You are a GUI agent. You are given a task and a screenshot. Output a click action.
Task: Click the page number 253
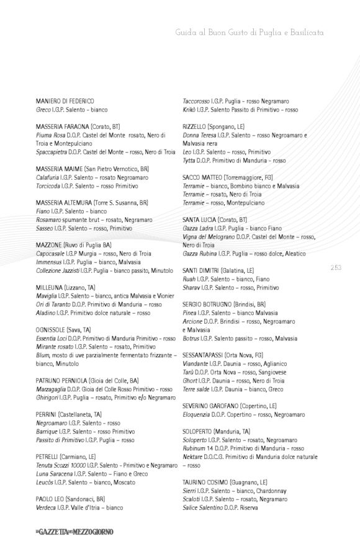pyautogui.click(x=335, y=267)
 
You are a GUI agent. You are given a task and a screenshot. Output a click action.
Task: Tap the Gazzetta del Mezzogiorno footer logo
pyautogui.click(x=74, y=532)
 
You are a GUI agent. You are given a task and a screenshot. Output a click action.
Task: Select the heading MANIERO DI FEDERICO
pyautogui.click(x=65, y=100)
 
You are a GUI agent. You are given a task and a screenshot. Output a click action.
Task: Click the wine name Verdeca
pyautogui.click(x=48, y=507)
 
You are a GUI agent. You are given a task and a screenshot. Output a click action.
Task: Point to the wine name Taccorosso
pyautogui.click(x=197, y=100)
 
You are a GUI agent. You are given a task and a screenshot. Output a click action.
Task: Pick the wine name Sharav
pyautogui.click(x=192, y=287)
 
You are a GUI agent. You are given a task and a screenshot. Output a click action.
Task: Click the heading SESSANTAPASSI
pyautogui.click(x=207, y=355)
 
